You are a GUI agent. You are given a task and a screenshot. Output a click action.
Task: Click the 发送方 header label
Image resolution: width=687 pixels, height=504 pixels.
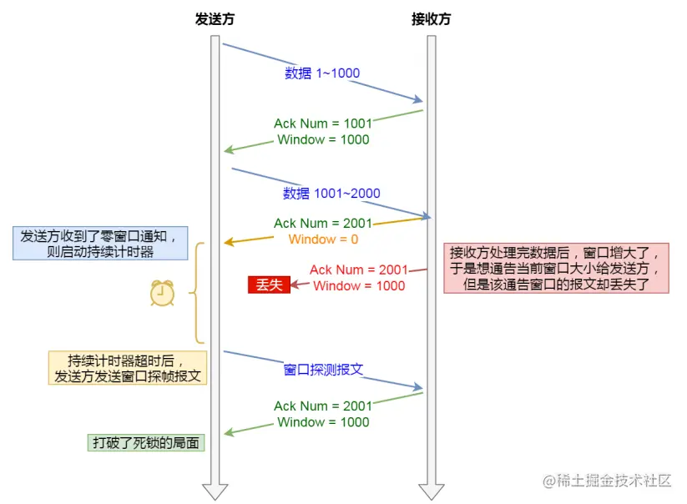[215, 18]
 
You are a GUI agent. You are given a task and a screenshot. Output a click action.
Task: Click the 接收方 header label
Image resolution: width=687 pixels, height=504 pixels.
[431, 18]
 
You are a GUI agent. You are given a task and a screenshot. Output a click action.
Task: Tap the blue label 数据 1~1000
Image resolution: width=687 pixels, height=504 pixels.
[322, 73]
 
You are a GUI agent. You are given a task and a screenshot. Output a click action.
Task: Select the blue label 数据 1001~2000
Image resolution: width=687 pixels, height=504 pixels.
[331, 194]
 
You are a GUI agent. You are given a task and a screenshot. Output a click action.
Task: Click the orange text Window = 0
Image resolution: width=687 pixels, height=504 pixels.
[323, 239]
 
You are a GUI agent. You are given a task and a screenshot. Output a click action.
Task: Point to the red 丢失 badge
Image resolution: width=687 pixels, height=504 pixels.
[268, 285]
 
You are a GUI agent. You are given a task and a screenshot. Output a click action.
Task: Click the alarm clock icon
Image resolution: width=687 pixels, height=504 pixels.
[163, 292]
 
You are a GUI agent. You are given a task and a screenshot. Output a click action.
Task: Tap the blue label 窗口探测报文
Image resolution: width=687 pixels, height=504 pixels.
[324, 370]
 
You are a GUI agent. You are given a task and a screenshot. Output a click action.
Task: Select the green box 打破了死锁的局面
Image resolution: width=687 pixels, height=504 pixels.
[145, 442]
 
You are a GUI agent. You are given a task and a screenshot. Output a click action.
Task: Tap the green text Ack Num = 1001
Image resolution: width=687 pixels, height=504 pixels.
[323, 123]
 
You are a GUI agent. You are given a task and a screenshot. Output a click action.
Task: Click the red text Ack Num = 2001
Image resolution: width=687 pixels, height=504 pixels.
[359, 270]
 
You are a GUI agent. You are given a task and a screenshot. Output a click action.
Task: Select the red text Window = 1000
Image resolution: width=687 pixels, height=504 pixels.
[359, 285]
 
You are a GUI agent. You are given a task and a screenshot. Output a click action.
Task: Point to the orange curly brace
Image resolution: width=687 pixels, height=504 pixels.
[198, 293]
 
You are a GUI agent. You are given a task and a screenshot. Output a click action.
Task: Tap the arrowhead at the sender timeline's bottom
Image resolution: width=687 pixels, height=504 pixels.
[215, 491]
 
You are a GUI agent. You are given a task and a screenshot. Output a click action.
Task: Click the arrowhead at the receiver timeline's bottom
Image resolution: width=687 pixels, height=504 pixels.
[431, 491]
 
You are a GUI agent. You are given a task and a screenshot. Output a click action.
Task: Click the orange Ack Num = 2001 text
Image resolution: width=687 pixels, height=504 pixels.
[323, 223]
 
